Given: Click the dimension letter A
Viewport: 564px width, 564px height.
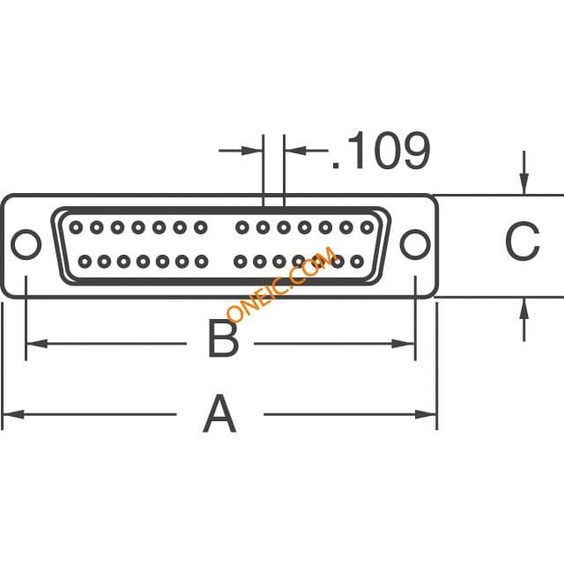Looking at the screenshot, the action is point(219,413).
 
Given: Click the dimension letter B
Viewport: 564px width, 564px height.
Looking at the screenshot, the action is point(223,338).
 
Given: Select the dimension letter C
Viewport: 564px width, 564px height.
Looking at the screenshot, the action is point(523,241).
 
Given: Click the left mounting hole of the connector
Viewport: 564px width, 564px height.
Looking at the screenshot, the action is point(26,245).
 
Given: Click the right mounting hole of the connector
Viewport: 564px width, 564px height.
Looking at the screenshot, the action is point(415,245).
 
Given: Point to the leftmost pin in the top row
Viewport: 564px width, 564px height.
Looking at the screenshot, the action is point(76,227).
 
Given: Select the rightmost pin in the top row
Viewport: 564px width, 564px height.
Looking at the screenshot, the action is point(367,227).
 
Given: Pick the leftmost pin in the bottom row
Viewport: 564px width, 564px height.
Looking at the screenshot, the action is point(85,262).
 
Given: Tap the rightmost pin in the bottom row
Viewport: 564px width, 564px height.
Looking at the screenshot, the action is point(357,262).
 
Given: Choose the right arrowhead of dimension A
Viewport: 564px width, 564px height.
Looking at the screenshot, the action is point(426,414).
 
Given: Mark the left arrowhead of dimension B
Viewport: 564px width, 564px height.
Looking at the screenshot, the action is point(37,344).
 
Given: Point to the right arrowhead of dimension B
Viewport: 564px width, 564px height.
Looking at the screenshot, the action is point(403,344).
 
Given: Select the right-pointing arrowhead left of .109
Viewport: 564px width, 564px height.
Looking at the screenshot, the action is point(252,151).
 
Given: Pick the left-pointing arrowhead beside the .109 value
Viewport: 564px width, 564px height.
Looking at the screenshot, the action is point(296,151).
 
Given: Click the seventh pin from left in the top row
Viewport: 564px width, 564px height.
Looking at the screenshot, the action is point(201,227).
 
